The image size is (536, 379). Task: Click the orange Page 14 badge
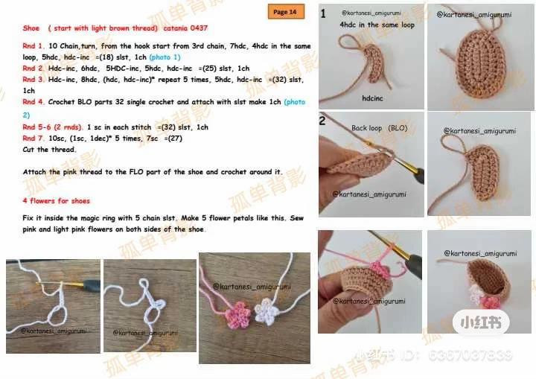[x=285, y=12]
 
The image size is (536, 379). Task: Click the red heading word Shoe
[x=31, y=28]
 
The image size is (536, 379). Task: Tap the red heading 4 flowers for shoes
[x=57, y=201]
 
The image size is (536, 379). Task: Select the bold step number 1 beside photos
[x=323, y=13]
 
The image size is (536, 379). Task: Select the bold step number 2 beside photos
[x=323, y=121]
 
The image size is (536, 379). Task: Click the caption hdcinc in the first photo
[x=372, y=98]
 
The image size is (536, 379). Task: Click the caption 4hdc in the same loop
[x=377, y=25]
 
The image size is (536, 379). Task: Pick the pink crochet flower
[x=240, y=313]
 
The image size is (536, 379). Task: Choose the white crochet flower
[x=267, y=309]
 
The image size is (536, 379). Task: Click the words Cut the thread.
[x=50, y=150]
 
